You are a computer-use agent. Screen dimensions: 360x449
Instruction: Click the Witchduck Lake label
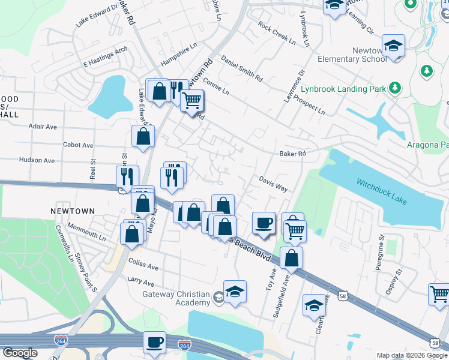pos(382,190)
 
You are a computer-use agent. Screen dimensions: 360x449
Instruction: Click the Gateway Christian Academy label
pos(176,298)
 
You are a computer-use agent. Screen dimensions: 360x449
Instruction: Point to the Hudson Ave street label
pos(37,161)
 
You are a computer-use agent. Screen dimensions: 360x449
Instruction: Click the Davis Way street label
pos(274,184)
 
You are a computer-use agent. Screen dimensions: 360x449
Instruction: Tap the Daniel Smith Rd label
pos(242,69)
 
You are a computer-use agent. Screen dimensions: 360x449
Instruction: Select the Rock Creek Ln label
pos(277,34)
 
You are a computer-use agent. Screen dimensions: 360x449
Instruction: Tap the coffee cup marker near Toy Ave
pos(264,223)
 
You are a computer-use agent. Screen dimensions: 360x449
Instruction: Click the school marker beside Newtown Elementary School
pos(393,46)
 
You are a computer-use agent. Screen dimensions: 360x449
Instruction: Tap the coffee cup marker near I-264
pos(155,341)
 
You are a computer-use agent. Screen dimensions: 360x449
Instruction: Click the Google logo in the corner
pos(20,353)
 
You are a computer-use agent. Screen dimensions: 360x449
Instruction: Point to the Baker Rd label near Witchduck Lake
pos(292,154)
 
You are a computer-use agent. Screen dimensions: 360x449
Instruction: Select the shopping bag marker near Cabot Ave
pos(143,136)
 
